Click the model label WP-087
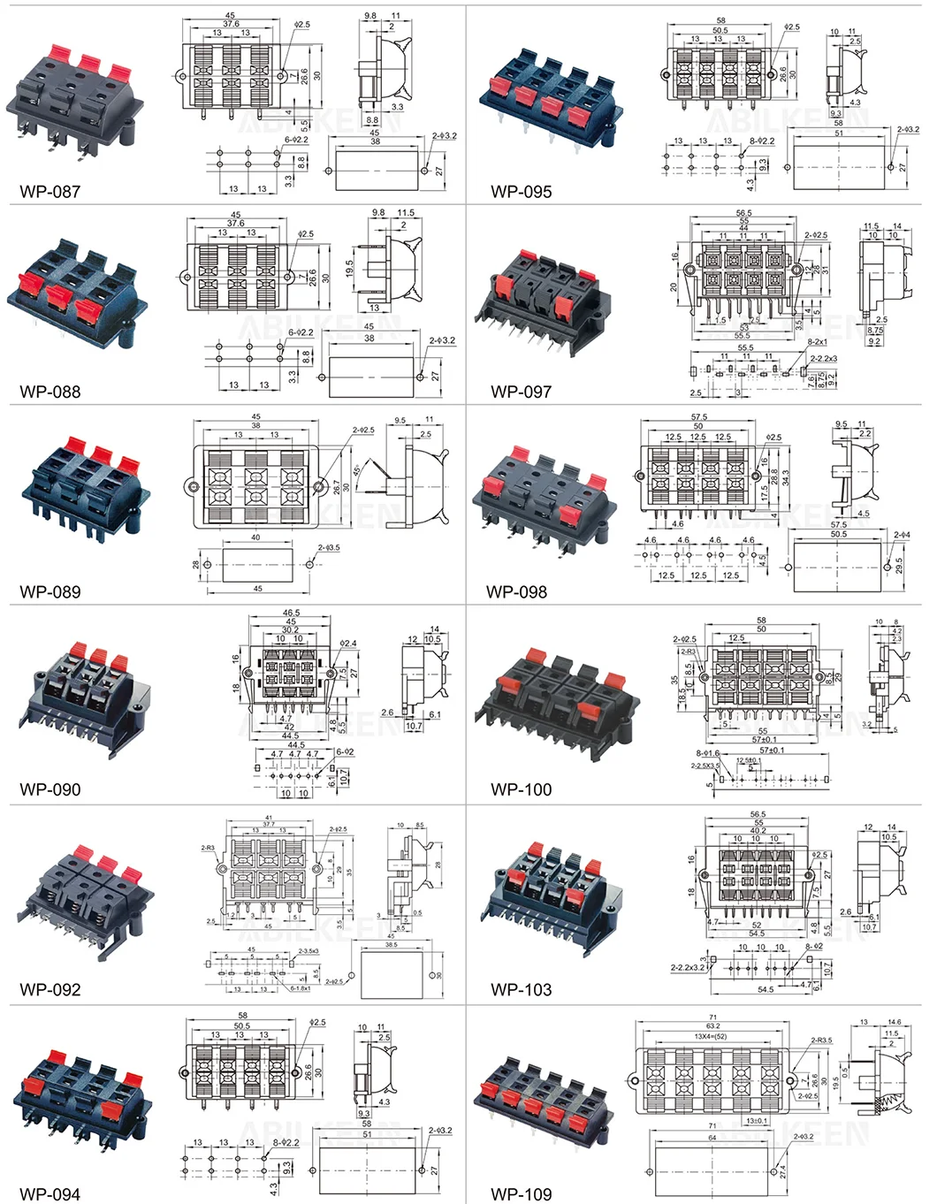pyautogui.click(x=50, y=191)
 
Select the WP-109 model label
pyautogui.click(x=521, y=1194)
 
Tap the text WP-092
pyautogui.click(x=50, y=989)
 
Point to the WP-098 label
pyautogui.click(x=516, y=591)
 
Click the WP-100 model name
pyautogui.click(x=521, y=789)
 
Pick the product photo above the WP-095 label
pyautogui.click(x=550, y=97)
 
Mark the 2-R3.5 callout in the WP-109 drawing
pyautogui.click(x=821, y=1040)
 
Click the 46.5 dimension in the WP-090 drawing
pyautogui.click(x=291, y=613)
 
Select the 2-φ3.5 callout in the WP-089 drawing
pyautogui.click(x=329, y=548)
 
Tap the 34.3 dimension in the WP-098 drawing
pyautogui.click(x=786, y=476)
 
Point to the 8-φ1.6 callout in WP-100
pyautogui.click(x=707, y=754)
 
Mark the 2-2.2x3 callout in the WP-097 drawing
pyautogui.click(x=824, y=359)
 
